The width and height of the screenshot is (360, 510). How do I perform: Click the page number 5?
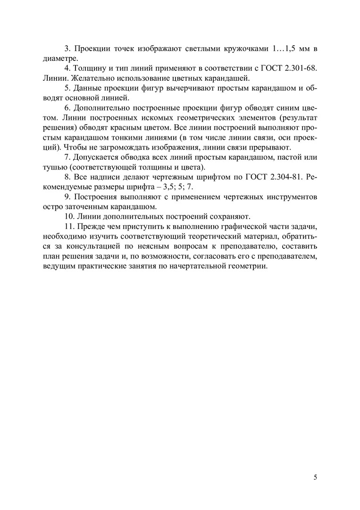(x=315, y=477)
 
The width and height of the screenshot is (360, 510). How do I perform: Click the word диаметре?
(x=58, y=59)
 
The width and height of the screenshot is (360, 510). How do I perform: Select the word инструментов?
(x=289, y=197)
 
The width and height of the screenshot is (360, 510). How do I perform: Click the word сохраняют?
(x=230, y=217)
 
